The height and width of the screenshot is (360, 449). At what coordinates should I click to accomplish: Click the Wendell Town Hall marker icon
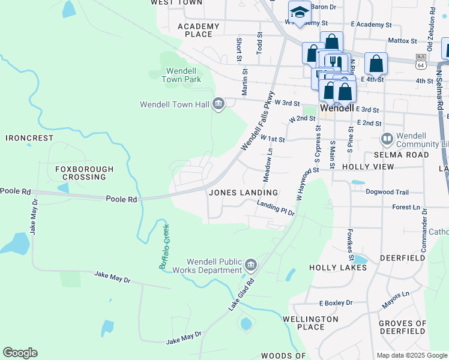coord(219,104)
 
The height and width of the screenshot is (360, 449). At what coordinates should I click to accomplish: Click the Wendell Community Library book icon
coord(387,139)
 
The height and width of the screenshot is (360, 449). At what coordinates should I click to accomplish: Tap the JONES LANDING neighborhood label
coord(243,193)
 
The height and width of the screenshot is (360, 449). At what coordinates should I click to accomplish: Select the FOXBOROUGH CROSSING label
coord(84,173)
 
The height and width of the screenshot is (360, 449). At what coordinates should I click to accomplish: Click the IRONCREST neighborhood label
coord(30,138)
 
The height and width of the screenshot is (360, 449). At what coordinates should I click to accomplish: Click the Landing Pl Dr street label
coord(276,208)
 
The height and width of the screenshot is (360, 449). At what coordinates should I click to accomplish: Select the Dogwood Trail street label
coord(387,193)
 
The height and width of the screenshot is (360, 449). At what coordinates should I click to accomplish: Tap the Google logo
coord(20,353)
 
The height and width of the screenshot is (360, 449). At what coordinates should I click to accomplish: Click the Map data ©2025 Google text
coord(411,355)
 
